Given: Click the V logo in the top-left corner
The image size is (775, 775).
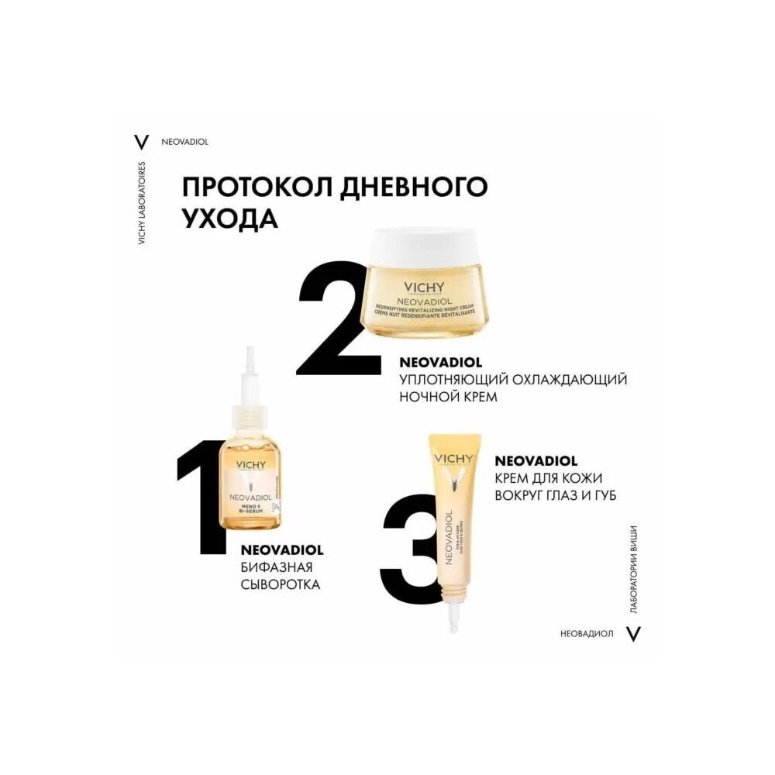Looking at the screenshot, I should pos(141,142).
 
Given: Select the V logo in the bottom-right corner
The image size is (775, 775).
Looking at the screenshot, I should pos(634,633).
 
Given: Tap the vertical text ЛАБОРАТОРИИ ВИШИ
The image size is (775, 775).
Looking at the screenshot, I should pos(633,573).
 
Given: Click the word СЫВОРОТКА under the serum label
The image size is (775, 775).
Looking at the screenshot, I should pos(281,585).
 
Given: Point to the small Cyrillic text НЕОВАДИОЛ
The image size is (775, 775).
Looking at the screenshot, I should pos(587,633).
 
